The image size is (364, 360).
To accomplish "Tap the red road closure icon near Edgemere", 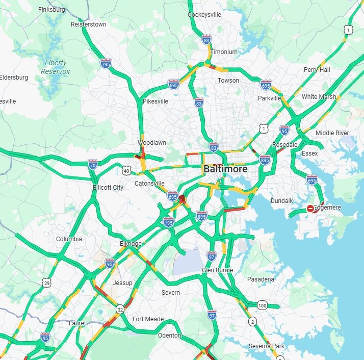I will [310, 209].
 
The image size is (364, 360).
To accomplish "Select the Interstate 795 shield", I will [106, 64].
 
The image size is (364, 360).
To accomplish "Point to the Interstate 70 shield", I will [92, 164].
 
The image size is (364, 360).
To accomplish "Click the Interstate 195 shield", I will [169, 222].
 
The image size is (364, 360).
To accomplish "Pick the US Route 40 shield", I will [126, 170].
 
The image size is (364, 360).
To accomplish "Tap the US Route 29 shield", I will [47, 283].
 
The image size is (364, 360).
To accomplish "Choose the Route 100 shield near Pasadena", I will [262, 305].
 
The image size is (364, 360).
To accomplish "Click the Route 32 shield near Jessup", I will [120, 309].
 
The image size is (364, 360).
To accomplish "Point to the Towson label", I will [228, 81].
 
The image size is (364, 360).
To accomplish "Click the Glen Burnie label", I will [217, 270].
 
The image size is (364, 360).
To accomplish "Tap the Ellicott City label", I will [108, 187].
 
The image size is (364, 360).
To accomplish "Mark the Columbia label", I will [69, 239].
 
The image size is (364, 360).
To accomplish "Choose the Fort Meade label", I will [148, 319].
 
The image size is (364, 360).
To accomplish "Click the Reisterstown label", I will [89, 24].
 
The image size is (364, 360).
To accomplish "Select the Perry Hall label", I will [317, 69].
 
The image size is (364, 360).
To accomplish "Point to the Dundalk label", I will [281, 201].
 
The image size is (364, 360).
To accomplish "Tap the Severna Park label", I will [267, 347].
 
